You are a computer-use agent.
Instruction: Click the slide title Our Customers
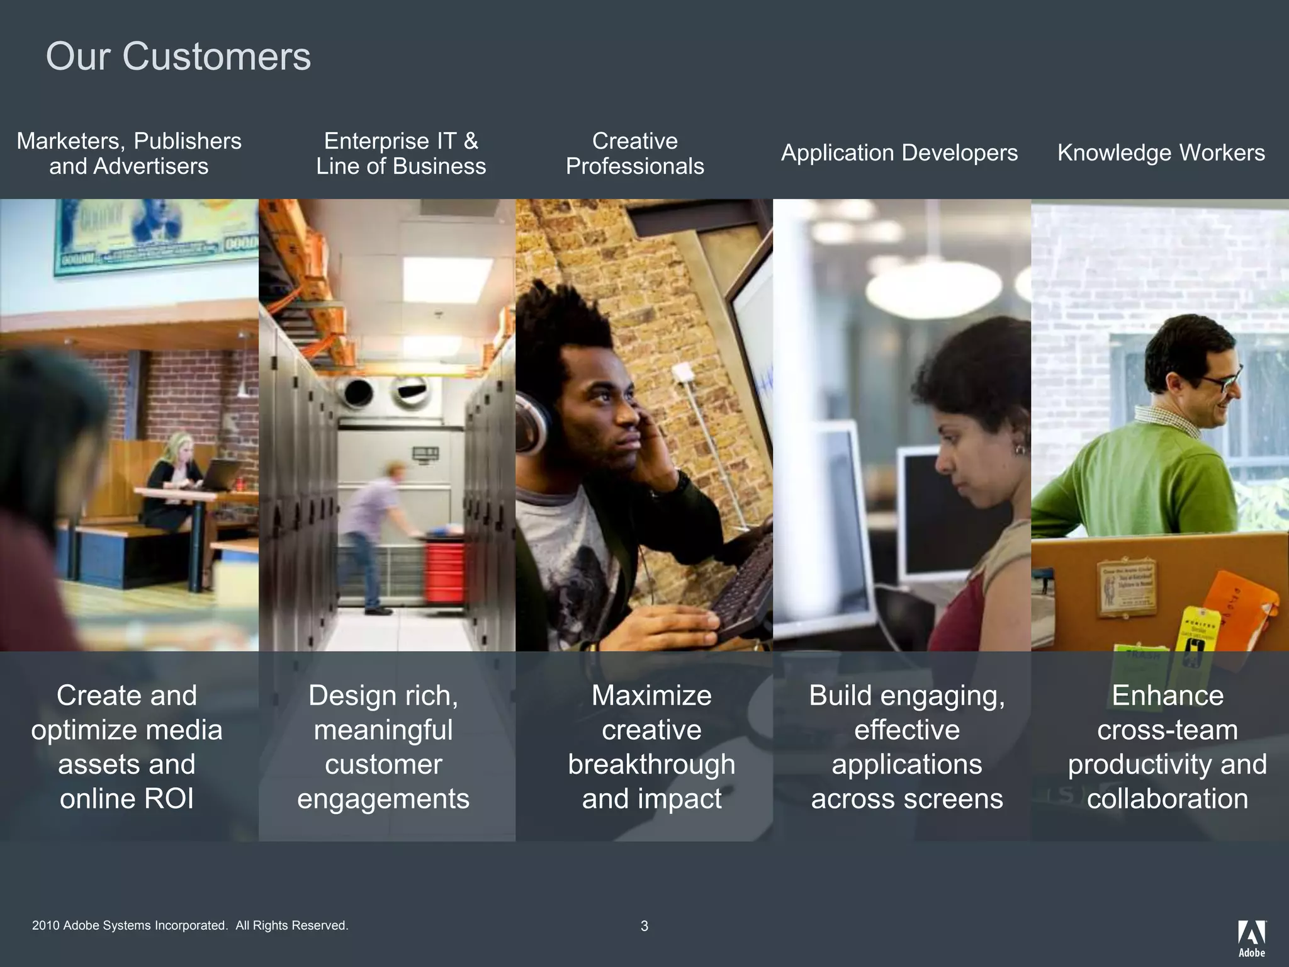click(x=178, y=57)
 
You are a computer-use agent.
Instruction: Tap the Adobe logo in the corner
click(x=1251, y=937)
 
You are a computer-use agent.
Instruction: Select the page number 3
click(x=644, y=926)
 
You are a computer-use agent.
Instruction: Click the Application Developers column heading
click(x=899, y=153)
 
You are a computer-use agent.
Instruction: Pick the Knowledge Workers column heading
click(x=1161, y=153)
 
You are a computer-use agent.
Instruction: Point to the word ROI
click(x=169, y=799)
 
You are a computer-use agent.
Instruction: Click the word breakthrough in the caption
click(x=651, y=764)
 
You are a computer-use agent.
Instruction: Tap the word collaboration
click(x=1167, y=799)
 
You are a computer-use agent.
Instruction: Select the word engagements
click(x=383, y=799)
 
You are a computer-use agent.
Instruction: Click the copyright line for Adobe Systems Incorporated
click(x=190, y=925)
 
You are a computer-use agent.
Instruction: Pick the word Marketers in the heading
click(x=71, y=141)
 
